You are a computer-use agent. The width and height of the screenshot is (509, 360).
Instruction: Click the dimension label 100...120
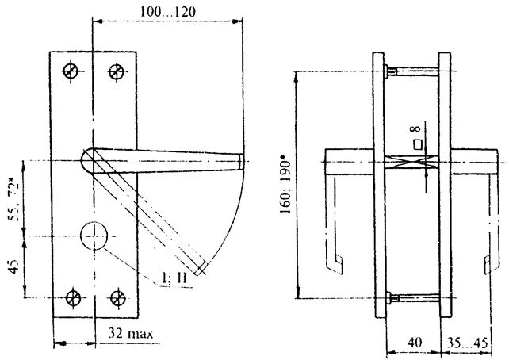[168, 12]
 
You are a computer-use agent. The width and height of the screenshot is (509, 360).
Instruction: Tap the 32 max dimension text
[130, 333]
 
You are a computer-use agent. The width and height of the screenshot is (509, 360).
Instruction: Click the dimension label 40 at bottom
[414, 343]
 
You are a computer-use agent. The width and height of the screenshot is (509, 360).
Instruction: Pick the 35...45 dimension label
[468, 343]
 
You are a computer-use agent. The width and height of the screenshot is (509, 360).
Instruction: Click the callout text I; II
[174, 278]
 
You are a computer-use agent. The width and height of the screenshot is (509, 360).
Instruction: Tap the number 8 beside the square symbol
[415, 129]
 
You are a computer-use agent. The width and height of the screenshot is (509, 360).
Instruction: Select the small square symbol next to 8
[418, 145]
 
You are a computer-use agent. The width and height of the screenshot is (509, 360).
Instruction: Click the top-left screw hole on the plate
[71, 71]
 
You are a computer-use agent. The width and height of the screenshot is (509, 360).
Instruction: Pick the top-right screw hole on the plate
[117, 71]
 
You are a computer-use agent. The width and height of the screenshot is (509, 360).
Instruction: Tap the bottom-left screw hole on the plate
[73, 297]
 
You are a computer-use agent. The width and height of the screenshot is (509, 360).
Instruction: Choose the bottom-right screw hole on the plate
[117, 298]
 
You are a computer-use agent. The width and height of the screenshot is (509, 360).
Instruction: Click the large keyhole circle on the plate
[94, 236]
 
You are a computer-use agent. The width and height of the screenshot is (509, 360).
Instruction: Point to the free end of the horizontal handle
[242, 161]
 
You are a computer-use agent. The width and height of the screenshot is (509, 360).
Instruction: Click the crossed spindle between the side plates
[411, 162]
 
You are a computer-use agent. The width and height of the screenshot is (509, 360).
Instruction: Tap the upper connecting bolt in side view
[411, 71]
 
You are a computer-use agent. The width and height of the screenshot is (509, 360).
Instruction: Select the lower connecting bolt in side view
[412, 297]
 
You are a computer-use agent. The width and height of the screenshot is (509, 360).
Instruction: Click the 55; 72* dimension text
[13, 202]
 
